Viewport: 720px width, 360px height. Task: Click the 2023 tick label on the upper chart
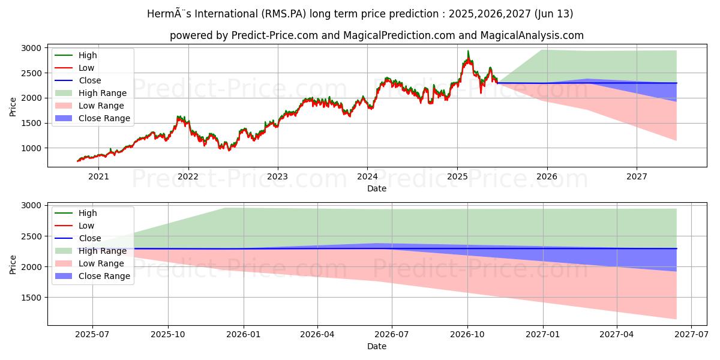pyautogui.click(x=278, y=176)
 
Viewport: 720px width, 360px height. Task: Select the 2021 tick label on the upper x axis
pyautogui.click(x=99, y=176)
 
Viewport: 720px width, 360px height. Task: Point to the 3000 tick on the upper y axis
pyautogui.click(x=32, y=48)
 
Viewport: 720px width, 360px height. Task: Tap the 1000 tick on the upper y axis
pyautogui.click(x=32, y=148)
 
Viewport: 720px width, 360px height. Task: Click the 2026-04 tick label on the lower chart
pyautogui.click(x=317, y=334)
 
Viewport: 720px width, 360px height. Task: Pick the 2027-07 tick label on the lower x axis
pyautogui.click(x=692, y=334)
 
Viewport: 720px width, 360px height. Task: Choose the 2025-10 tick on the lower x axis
pyautogui.click(x=167, y=334)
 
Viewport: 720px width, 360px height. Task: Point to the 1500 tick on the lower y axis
pyautogui.click(x=32, y=298)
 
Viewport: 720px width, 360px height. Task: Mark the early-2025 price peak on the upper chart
pyautogui.click(x=468, y=51)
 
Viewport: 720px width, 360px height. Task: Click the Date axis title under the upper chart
pyautogui.click(x=377, y=188)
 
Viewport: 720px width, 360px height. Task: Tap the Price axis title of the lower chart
pyautogui.click(x=13, y=264)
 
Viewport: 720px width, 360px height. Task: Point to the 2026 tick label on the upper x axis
pyautogui.click(x=547, y=176)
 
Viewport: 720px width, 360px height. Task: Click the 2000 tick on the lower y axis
pyautogui.click(x=32, y=267)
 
